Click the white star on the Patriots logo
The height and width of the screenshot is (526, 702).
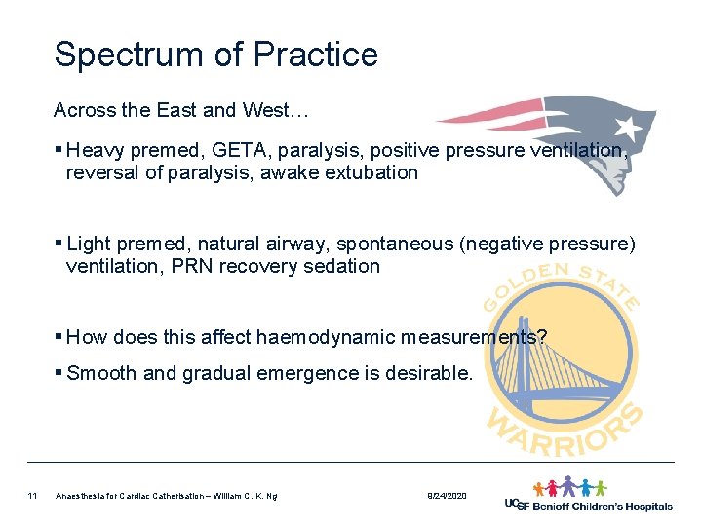(627, 128)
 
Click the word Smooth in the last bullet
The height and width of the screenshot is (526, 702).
(99, 372)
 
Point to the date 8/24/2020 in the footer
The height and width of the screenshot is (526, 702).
(448, 497)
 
